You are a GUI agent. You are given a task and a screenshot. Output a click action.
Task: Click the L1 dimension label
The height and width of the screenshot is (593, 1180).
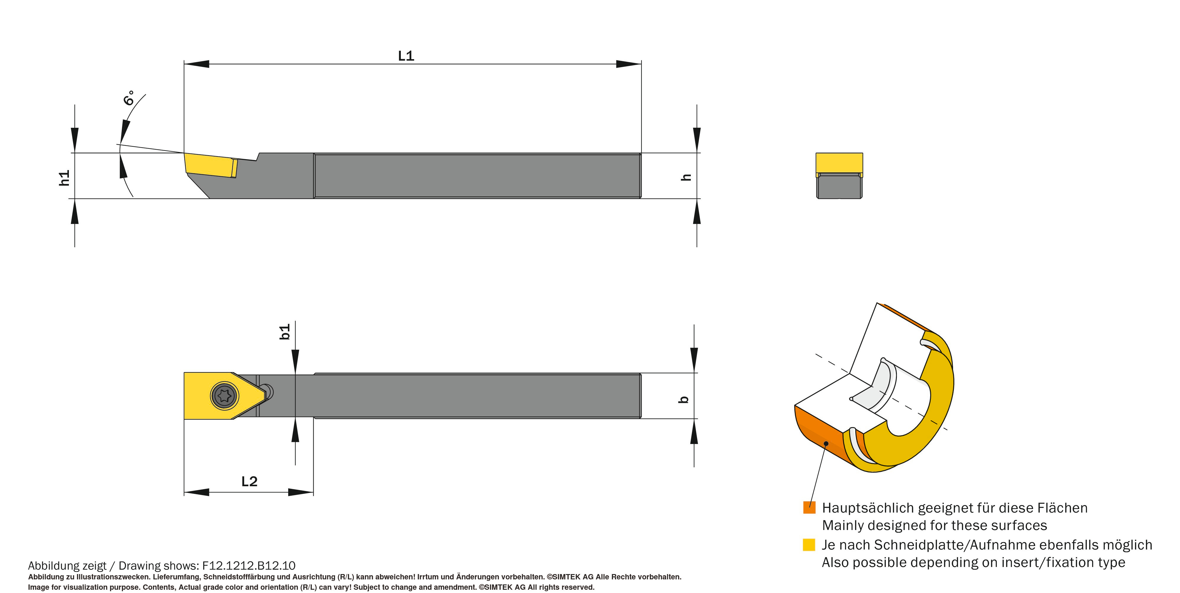click(x=406, y=56)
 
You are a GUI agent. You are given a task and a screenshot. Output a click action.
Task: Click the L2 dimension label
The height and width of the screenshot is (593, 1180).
click(x=249, y=481)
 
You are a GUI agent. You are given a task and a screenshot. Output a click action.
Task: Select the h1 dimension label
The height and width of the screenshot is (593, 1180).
click(x=64, y=178)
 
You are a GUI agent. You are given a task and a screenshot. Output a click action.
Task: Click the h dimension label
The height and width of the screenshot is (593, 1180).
click(x=686, y=177)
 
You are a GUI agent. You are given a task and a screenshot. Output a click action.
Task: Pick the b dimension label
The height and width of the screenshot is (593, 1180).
click(x=683, y=399)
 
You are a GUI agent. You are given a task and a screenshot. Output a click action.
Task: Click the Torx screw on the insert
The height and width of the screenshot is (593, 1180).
click(x=224, y=395)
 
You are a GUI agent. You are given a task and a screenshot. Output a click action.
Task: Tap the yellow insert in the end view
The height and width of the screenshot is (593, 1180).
click(x=839, y=163)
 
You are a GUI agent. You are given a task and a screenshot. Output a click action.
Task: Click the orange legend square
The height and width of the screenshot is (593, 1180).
click(x=809, y=507)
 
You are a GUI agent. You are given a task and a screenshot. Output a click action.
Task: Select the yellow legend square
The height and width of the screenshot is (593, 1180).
click(x=809, y=544)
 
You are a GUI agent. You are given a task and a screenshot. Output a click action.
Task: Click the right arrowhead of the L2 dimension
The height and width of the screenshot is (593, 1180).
click(x=301, y=492)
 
